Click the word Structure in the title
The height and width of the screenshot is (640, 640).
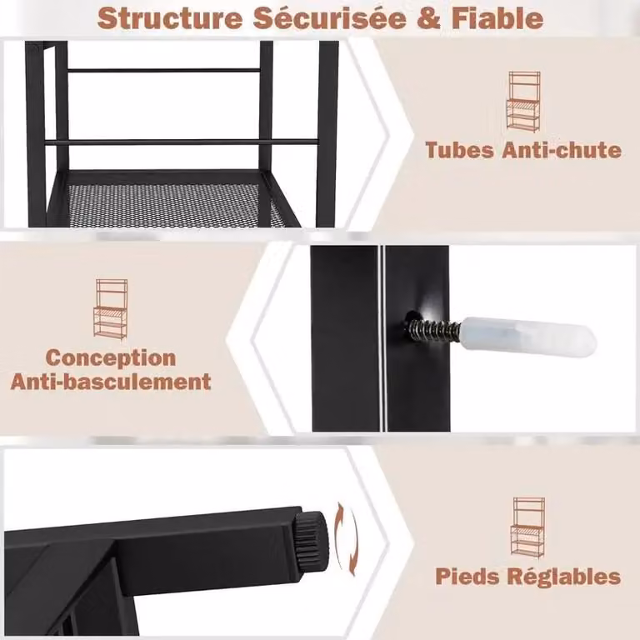170,18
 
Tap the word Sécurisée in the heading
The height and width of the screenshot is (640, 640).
329,18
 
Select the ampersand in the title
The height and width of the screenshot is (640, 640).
428,19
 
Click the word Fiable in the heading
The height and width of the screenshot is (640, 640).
497,18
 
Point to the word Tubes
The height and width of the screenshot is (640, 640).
459,150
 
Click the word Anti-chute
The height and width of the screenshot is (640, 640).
562,150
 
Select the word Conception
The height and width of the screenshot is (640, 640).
111,358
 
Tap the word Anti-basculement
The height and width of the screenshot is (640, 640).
111,382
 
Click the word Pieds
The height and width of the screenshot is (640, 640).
467,577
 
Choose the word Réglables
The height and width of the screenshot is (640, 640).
563,577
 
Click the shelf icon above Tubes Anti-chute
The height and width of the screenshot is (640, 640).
523,102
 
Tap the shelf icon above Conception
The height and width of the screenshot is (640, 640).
111,309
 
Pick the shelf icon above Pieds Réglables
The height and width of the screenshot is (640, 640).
527,527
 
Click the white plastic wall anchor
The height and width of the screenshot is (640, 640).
527,337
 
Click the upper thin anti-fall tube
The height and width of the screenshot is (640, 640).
163,71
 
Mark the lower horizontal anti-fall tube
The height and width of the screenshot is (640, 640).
182,142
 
